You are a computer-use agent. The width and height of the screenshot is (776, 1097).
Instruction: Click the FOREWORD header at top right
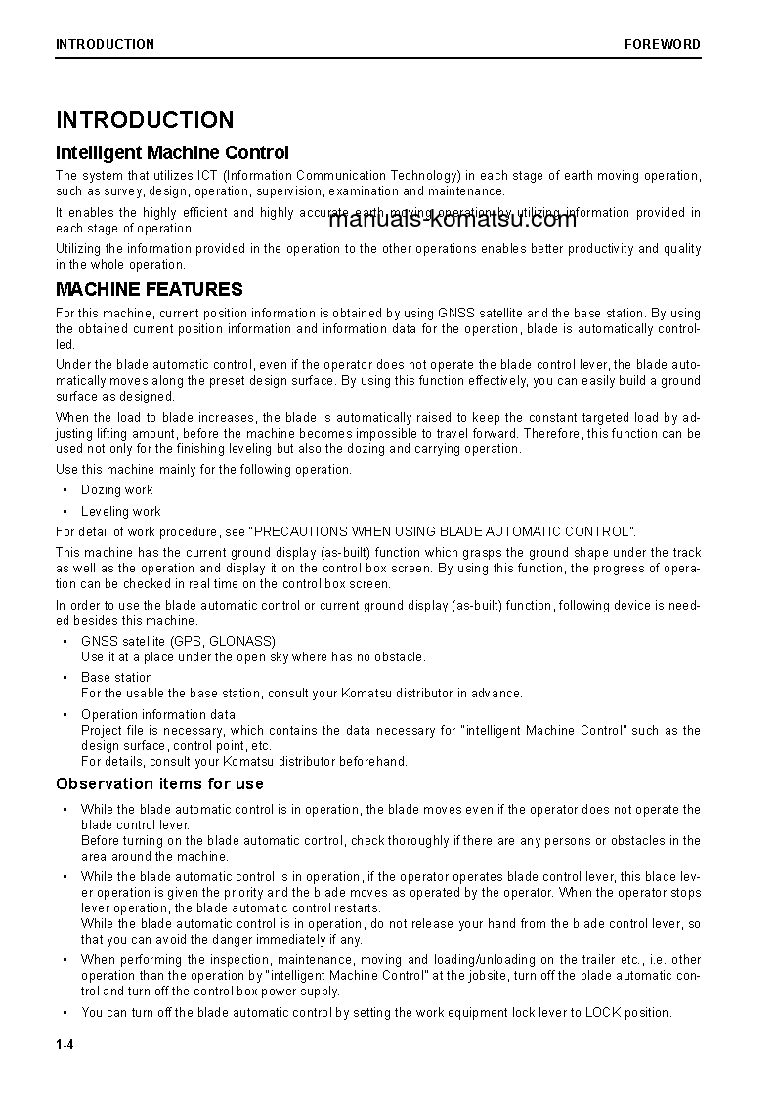(663, 44)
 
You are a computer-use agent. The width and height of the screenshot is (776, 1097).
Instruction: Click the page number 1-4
(65, 1045)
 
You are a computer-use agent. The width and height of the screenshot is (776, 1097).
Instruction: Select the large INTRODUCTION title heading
(145, 120)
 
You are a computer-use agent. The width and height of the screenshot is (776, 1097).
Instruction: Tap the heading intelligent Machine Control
(172, 153)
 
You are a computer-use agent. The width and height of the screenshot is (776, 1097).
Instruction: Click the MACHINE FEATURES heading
(150, 290)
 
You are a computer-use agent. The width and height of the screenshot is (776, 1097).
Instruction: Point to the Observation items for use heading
(159, 783)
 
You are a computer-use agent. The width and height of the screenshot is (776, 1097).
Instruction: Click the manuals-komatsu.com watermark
(453, 219)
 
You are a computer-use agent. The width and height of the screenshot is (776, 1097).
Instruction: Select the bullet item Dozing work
(117, 490)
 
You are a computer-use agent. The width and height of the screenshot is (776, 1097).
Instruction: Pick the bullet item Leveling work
(121, 511)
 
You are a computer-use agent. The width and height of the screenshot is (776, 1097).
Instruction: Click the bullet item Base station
(116, 677)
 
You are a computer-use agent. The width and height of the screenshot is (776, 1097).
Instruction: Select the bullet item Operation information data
(158, 714)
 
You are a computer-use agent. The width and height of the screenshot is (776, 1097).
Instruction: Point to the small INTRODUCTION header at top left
(105, 44)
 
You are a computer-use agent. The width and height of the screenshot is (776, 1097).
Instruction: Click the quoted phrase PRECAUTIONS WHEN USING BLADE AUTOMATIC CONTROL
(443, 531)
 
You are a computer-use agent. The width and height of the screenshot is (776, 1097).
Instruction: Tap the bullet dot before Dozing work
(65, 490)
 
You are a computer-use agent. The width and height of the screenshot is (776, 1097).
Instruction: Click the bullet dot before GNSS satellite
(65, 642)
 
